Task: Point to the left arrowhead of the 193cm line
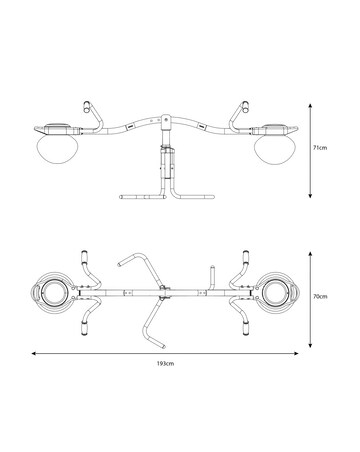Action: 33,353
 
